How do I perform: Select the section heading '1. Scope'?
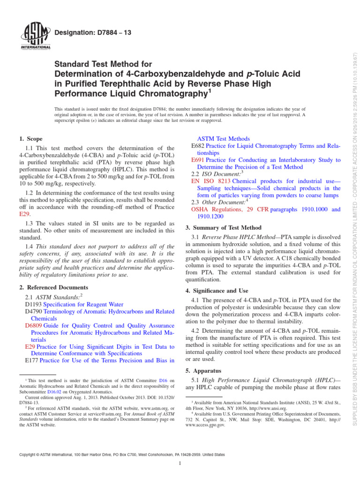point(30,139)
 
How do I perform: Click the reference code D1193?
point(33,304)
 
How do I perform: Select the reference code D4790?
point(33,311)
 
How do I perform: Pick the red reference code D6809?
point(33,325)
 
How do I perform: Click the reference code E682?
point(199,146)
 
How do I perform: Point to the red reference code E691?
point(199,160)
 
